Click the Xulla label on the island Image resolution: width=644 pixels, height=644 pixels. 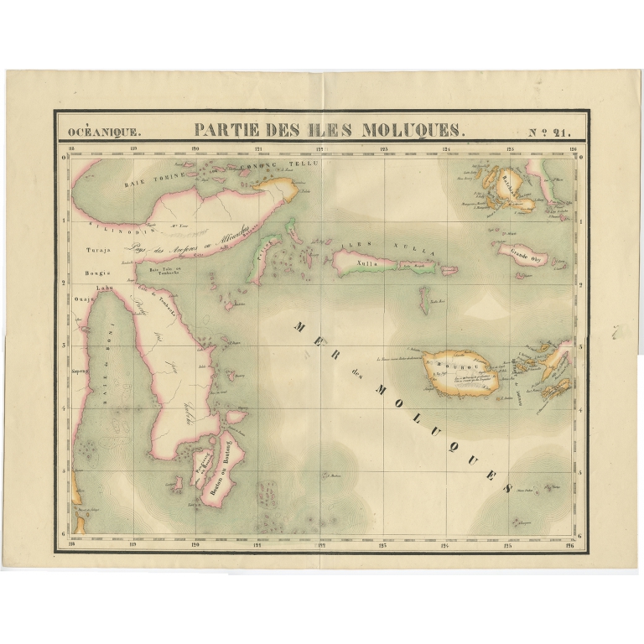tap(367, 262)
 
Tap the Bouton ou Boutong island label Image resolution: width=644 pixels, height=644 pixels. tap(222, 470)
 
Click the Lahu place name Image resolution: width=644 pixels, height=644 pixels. tap(104, 289)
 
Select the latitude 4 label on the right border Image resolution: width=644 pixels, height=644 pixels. tap(579, 408)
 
